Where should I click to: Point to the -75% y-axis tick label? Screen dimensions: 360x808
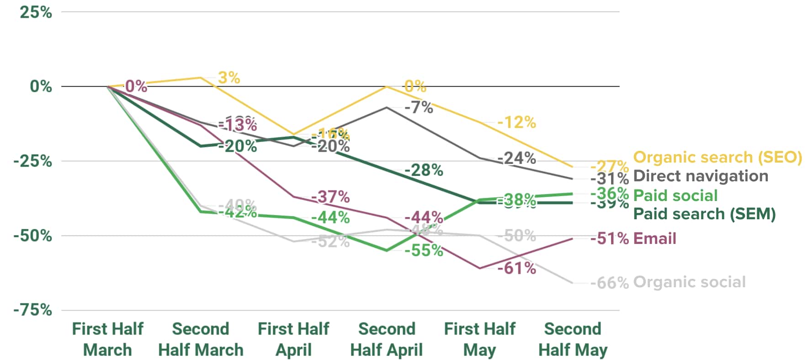pyautogui.click(x=33, y=310)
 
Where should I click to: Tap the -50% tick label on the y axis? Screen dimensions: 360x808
pyautogui.click(x=33, y=236)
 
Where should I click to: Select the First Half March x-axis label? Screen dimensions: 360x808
pyautogui.click(x=108, y=339)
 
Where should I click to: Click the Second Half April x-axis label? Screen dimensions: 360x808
pyautogui.click(x=387, y=339)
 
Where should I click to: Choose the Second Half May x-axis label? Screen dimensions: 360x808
pyautogui.click(x=573, y=339)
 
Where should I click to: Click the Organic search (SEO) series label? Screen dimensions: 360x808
pyautogui.click(x=718, y=157)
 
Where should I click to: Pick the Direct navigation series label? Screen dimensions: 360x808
pyautogui.click(x=701, y=176)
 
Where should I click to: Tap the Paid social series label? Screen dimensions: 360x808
pyautogui.click(x=675, y=196)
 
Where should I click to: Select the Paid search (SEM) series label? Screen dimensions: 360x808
pyautogui.click(x=704, y=214)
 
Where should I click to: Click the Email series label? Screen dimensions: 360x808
pyautogui.click(x=654, y=238)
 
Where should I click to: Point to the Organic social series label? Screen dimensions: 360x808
pyautogui.click(x=689, y=282)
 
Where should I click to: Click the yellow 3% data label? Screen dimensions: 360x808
pyautogui.click(x=229, y=78)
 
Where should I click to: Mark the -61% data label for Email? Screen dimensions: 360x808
pyautogui.click(x=516, y=268)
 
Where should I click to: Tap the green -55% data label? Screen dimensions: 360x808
pyautogui.click(x=424, y=250)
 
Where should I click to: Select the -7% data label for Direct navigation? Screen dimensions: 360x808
pyautogui.click(x=419, y=107)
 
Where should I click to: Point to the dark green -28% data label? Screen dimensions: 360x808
pyautogui.click(x=424, y=170)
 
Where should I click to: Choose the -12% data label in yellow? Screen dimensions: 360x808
pyautogui.click(x=516, y=122)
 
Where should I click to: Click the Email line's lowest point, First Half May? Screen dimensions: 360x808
pyautogui.click(x=480, y=268)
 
